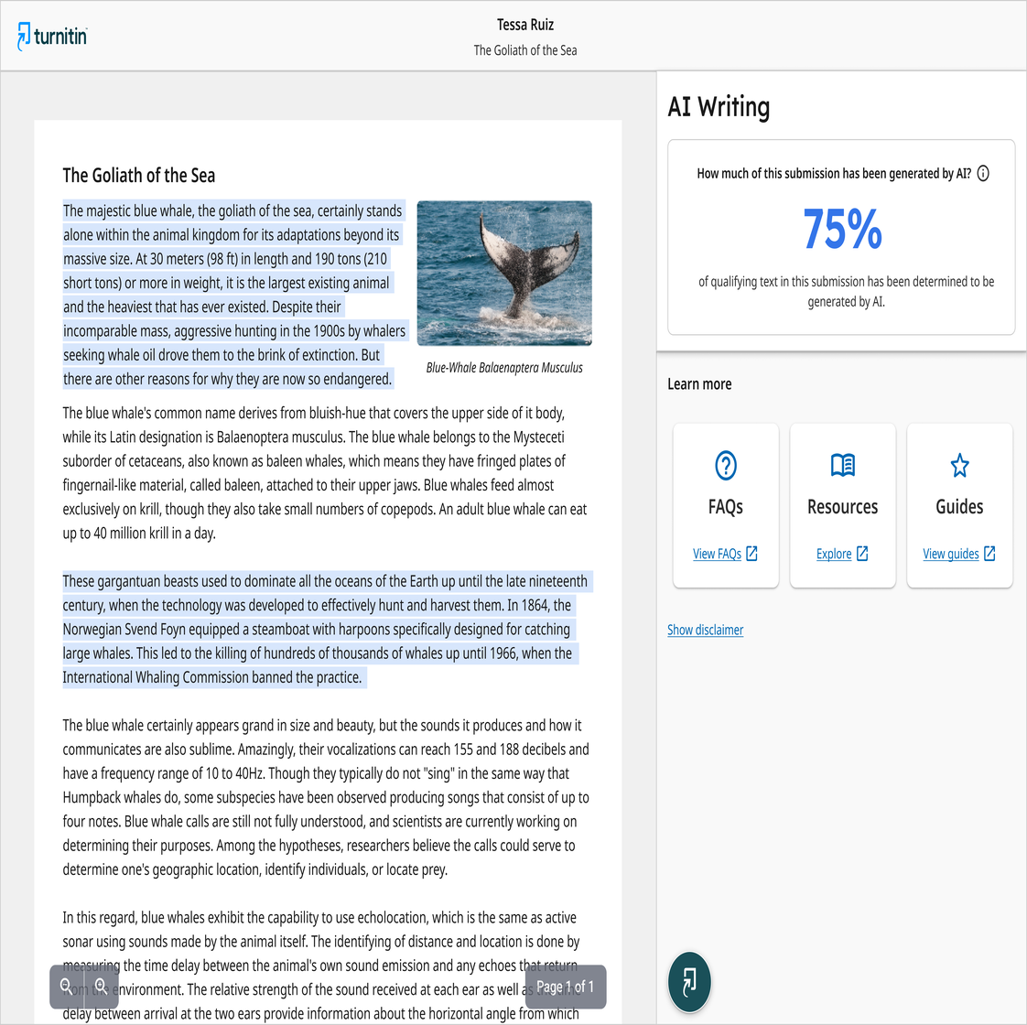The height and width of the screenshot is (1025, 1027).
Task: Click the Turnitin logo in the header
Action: point(52,36)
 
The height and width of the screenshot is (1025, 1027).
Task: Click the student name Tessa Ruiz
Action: point(525,25)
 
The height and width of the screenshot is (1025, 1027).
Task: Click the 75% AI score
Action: point(842,229)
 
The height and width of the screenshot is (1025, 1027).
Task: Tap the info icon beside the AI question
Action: point(983,173)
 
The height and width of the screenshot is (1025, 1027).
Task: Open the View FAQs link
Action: point(725,554)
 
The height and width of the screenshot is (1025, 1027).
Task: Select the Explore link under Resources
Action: point(842,554)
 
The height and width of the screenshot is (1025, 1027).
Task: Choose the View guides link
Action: point(958,554)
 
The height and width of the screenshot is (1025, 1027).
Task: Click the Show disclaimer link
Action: point(705,630)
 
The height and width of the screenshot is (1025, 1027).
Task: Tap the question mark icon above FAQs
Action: point(726,466)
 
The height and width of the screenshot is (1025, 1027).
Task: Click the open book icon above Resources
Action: point(843,466)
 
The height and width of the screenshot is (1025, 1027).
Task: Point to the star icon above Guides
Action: point(959,466)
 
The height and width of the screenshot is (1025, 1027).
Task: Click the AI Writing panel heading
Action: point(719,107)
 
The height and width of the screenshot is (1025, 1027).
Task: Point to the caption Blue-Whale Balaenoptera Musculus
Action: point(504,367)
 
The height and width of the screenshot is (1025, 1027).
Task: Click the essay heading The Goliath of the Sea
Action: point(139,176)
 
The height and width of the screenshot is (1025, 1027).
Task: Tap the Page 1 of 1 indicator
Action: point(565,987)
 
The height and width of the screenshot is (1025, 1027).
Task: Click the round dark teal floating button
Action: point(689,982)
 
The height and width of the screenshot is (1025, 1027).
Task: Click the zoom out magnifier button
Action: point(66,987)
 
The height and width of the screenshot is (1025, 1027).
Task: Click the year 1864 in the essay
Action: point(527,605)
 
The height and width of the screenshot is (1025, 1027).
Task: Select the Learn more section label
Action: point(699,384)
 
